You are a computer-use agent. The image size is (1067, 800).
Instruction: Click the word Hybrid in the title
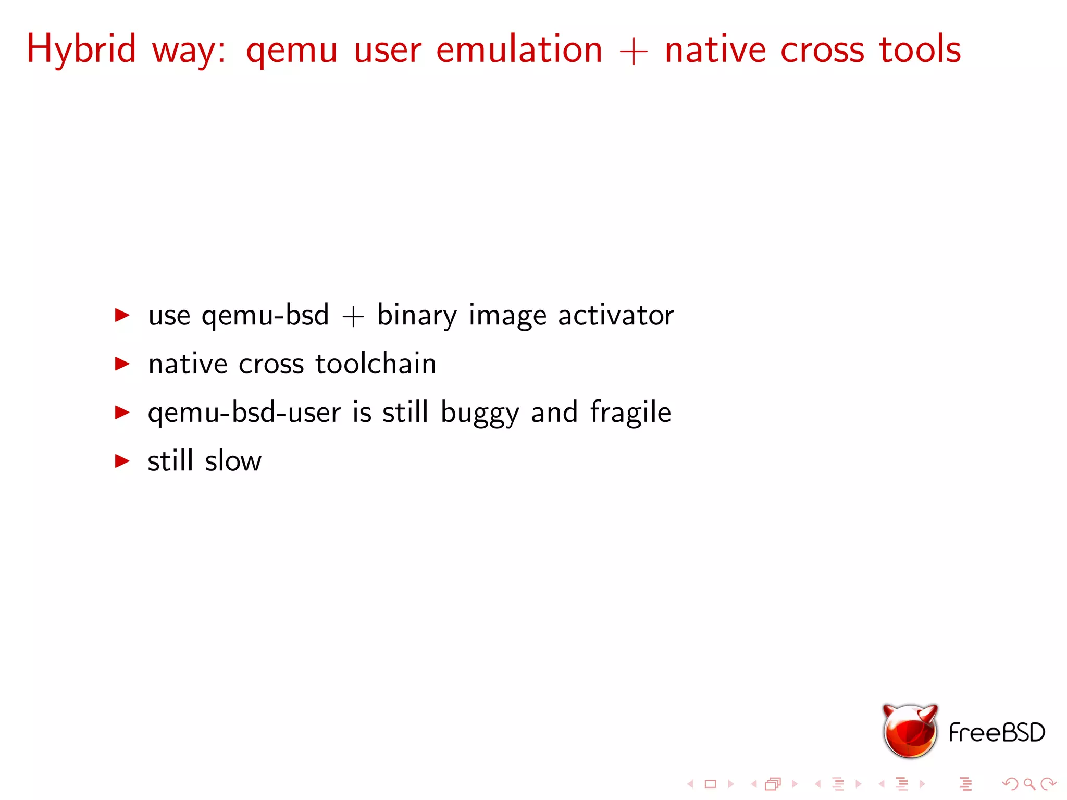[81, 49]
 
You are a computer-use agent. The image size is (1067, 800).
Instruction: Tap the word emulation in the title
[519, 49]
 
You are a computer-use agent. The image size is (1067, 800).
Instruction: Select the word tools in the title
[920, 49]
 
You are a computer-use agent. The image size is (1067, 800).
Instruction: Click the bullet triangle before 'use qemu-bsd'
[122, 315]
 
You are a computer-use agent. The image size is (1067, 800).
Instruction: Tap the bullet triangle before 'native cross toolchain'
[122, 364]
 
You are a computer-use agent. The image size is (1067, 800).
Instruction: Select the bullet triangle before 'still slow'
[122, 460]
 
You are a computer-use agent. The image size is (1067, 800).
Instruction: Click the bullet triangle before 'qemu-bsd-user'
[122, 412]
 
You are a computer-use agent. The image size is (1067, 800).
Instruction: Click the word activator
[616, 315]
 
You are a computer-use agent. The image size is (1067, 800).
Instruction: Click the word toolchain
[376, 364]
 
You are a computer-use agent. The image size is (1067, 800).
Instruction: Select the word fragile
[630, 413]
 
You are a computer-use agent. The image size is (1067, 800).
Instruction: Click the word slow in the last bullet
[233, 461]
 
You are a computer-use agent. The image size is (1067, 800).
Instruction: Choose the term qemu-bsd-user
[244, 413]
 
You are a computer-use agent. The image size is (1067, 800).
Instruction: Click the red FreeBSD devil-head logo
[910, 731]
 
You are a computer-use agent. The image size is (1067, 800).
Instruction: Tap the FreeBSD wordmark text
[997, 732]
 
